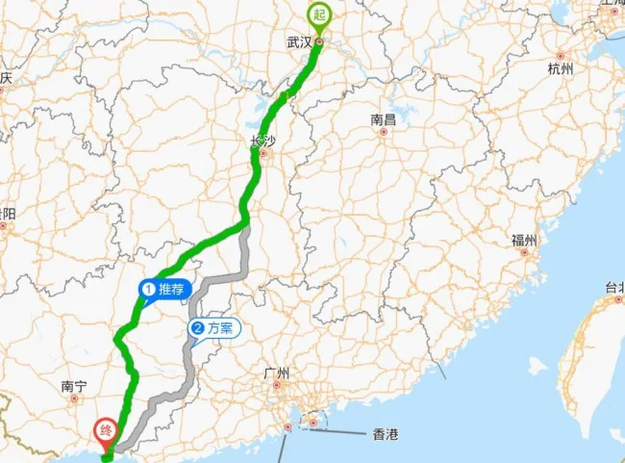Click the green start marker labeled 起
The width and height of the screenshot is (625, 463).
coord(318,15)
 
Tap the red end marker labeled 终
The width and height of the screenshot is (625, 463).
coord(103,430)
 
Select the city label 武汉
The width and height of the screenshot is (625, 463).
coord(299,42)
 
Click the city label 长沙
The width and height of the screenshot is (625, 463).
coord(262,141)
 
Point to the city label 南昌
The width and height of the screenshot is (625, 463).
coord(383,120)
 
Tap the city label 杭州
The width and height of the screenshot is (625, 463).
coord(560,69)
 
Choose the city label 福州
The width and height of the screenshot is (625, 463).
coord(524,240)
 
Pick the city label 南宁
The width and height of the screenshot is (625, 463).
coord(74,386)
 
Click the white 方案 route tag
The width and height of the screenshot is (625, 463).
coord(212,328)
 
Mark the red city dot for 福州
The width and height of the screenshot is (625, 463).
coord(524,251)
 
